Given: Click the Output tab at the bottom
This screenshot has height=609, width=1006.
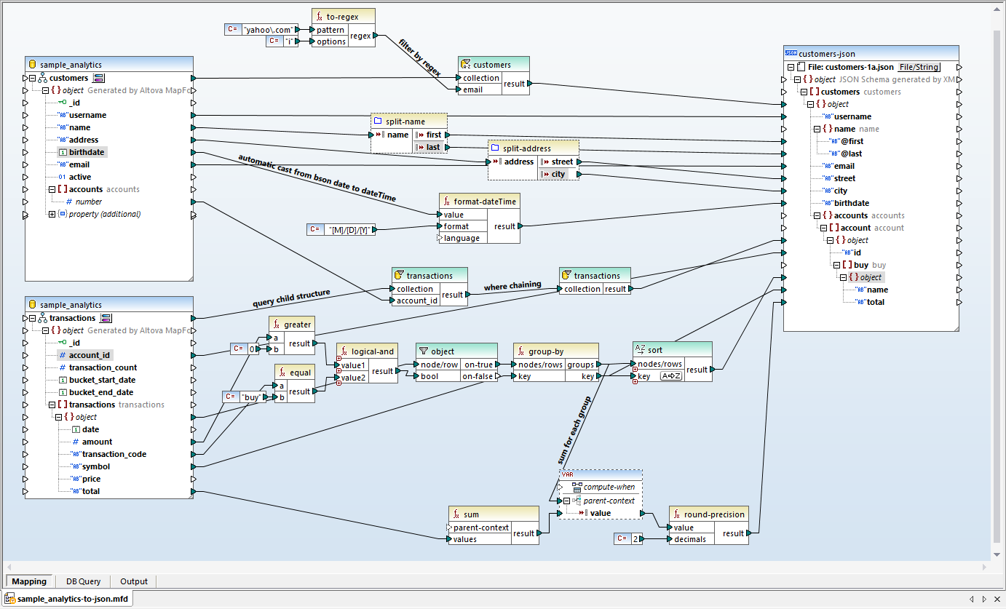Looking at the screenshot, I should click(134, 581).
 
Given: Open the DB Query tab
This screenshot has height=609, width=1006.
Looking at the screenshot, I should click(83, 581).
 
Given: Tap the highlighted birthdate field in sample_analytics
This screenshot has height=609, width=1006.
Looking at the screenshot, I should click(87, 152).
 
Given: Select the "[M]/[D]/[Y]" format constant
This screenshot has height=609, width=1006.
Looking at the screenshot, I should click(351, 230).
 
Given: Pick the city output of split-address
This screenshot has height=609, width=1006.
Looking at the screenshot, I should click(558, 174).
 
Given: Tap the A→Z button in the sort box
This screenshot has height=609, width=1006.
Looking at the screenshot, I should click(670, 376).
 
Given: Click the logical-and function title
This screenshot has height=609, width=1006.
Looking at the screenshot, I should click(372, 351).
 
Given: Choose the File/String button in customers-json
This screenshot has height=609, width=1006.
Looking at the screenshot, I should click(919, 66).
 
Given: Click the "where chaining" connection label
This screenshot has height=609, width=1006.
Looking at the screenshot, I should click(512, 286).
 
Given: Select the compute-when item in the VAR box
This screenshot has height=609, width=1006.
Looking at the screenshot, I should click(609, 487).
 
